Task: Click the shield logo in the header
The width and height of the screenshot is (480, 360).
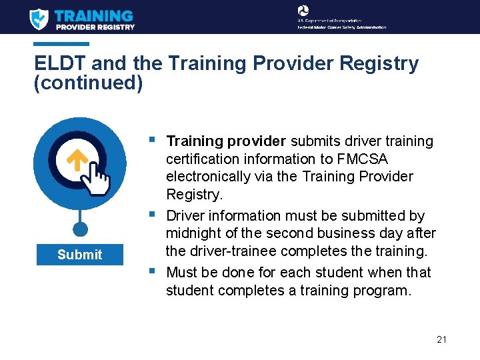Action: (x=39, y=19)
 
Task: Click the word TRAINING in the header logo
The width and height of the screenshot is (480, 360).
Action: (x=94, y=15)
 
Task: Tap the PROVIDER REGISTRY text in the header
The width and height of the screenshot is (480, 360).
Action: (x=95, y=27)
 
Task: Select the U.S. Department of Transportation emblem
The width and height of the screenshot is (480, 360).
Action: (x=303, y=11)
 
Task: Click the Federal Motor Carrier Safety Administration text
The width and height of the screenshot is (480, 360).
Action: (x=341, y=27)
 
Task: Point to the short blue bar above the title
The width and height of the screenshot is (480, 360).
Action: (x=61, y=45)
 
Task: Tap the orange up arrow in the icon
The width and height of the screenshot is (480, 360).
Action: (x=78, y=159)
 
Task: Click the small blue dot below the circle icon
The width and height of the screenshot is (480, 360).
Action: (x=80, y=229)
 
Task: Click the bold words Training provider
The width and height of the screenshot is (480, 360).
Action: (x=226, y=141)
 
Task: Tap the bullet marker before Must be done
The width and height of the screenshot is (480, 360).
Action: (x=153, y=271)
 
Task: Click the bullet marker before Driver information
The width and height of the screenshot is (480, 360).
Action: (x=153, y=214)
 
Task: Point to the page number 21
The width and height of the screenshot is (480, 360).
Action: (x=441, y=339)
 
